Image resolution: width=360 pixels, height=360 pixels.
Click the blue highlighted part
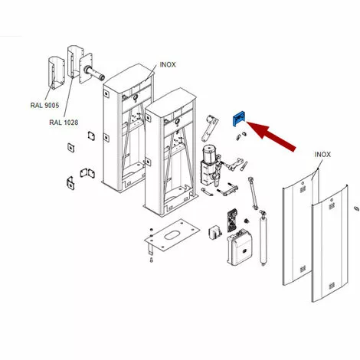tap(238, 118)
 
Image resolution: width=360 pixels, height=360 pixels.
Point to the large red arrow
tap(271, 136)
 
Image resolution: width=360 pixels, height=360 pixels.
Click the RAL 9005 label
tap(44, 105)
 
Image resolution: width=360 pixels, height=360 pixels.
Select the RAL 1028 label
tap(64, 123)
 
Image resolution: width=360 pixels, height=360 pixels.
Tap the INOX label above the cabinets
tap(168, 65)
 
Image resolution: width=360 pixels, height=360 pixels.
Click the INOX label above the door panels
tap(322, 155)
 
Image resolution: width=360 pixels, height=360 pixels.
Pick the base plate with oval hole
tap(172, 234)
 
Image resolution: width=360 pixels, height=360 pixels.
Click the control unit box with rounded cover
tap(240, 247)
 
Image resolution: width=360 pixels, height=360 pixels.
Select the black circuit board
tap(232, 221)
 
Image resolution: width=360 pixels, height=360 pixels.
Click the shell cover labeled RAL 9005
tap(56, 73)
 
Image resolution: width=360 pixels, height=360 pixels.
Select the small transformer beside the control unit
tap(214, 233)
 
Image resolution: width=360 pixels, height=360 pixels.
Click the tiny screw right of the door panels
tap(355, 208)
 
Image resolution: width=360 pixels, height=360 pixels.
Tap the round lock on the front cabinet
tap(176, 122)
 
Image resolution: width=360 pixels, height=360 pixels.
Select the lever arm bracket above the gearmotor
tap(210, 128)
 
